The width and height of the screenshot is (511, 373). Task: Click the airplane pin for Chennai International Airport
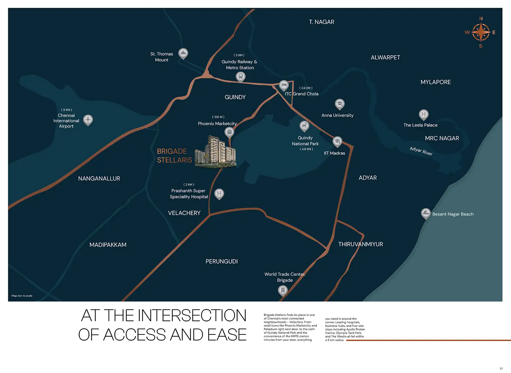(x=88, y=120)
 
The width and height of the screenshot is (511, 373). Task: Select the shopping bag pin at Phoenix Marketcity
(x=229, y=132)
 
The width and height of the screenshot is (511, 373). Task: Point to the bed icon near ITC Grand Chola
(x=284, y=86)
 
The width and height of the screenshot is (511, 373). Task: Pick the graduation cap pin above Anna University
(x=339, y=104)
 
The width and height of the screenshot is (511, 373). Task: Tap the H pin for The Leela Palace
(x=424, y=115)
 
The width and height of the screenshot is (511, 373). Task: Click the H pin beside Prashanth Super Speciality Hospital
(x=219, y=194)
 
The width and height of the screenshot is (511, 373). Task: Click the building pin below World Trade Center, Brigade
(x=283, y=290)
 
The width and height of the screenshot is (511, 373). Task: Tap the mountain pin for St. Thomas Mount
(x=183, y=54)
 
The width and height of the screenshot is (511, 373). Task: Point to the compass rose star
(x=480, y=32)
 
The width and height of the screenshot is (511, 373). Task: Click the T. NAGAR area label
(x=322, y=22)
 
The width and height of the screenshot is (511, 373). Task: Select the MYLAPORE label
(x=435, y=82)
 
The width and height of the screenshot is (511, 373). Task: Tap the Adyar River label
(x=421, y=151)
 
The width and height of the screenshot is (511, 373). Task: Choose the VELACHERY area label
(x=184, y=213)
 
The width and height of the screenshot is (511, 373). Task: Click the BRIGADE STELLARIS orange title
(x=174, y=156)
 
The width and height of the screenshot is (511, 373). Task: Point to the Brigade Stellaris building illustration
(x=215, y=152)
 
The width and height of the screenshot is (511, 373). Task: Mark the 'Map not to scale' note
(x=22, y=296)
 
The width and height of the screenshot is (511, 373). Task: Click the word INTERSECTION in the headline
(x=192, y=315)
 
